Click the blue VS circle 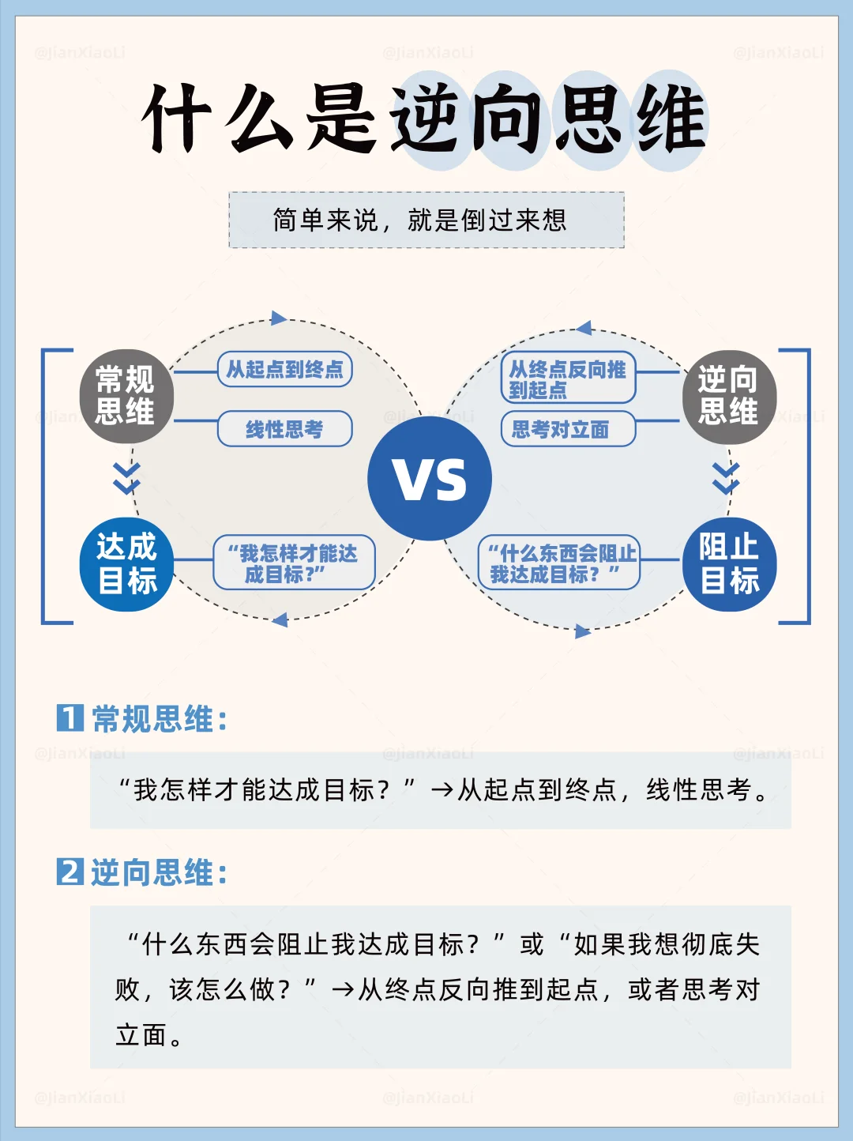(x=430, y=479)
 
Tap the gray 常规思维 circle (x=126, y=396)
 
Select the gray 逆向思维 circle (x=728, y=396)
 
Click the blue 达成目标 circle (x=126, y=564)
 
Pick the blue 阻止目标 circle (x=729, y=564)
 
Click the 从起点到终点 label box (x=284, y=369)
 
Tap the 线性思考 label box (x=284, y=429)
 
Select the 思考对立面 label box (x=567, y=429)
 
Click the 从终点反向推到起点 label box (x=567, y=378)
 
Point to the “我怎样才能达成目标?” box (x=294, y=563)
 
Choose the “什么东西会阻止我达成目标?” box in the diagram (x=559, y=563)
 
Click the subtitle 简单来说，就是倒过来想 (x=426, y=220)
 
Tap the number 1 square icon (x=70, y=717)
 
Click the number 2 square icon (x=70, y=872)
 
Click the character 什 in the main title (x=178, y=119)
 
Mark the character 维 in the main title (x=671, y=120)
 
